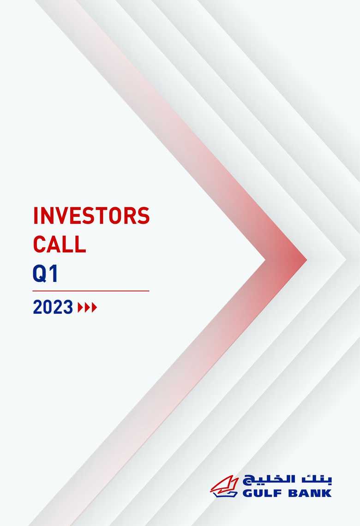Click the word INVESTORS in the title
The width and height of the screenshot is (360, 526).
point(91,216)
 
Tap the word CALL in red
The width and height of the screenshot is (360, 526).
point(59,245)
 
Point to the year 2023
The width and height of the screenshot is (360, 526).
point(53,307)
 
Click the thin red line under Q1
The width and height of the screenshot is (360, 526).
point(91,291)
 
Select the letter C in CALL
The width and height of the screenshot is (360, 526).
point(40,245)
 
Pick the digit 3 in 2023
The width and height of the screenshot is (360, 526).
point(67,307)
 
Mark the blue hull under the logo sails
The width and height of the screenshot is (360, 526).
point(225,493)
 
